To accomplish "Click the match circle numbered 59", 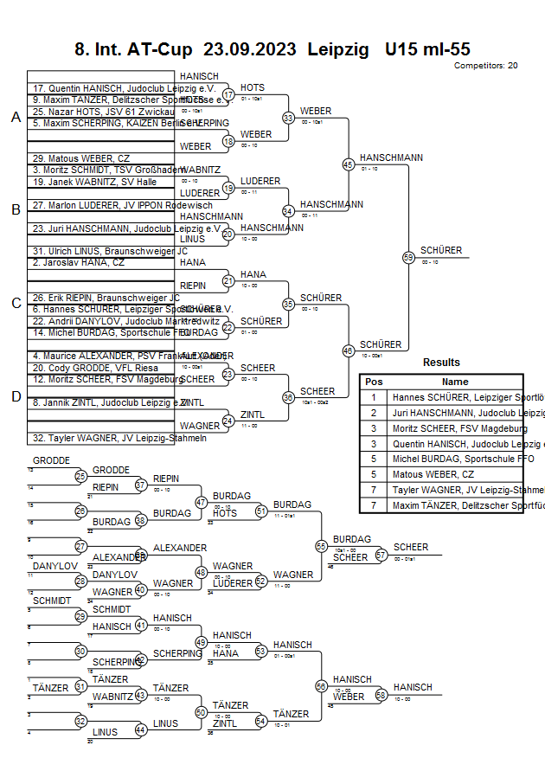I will (x=408, y=257).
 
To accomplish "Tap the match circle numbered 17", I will (x=228, y=94).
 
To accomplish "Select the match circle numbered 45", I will (x=348, y=164).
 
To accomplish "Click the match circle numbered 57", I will (x=381, y=555).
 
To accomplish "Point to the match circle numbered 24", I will (x=228, y=421).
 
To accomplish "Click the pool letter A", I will (x=16, y=118).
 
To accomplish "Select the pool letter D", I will (x=16, y=396).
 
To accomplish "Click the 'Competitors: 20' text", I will (x=485, y=66).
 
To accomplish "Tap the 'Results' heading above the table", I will (x=441, y=363).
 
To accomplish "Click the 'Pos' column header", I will (x=374, y=382).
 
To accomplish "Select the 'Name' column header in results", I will (x=455, y=382).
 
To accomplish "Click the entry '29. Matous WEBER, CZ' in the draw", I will (x=81, y=158).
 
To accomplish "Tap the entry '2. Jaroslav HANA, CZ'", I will (x=78, y=262).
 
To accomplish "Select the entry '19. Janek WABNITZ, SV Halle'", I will (x=95, y=183).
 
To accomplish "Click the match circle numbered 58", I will (x=381, y=695).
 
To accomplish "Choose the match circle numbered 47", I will (x=202, y=503).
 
